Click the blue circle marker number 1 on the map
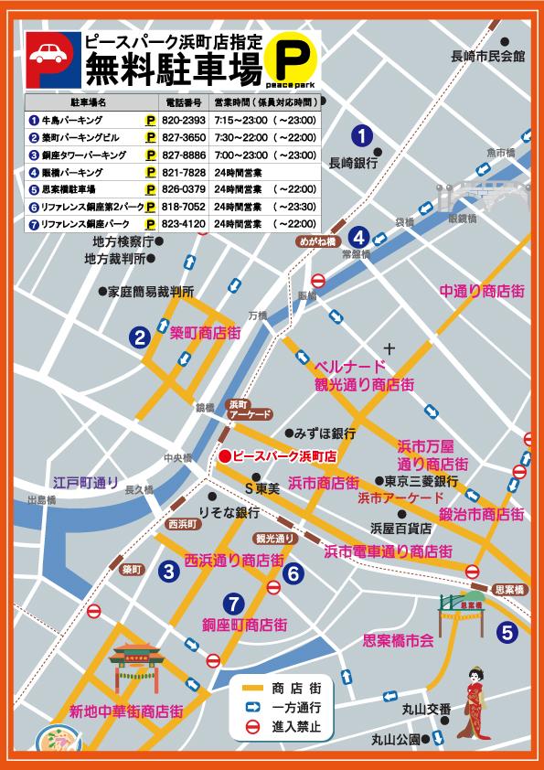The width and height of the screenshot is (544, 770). click(363, 136)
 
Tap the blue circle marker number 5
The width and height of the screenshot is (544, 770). click(507, 630)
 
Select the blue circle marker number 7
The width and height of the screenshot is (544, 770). click(234, 603)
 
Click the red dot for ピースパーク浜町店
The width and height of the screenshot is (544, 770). click(224, 455)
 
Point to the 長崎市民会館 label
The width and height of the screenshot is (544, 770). click(488, 56)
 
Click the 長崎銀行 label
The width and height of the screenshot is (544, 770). click(353, 162)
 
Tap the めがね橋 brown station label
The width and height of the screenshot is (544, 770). click(315, 242)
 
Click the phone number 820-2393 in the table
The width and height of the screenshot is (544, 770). click(183, 120)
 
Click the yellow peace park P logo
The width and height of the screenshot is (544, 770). click(292, 62)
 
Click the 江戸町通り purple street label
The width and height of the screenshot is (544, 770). click(86, 481)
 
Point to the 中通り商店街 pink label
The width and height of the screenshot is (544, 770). click(482, 291)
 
